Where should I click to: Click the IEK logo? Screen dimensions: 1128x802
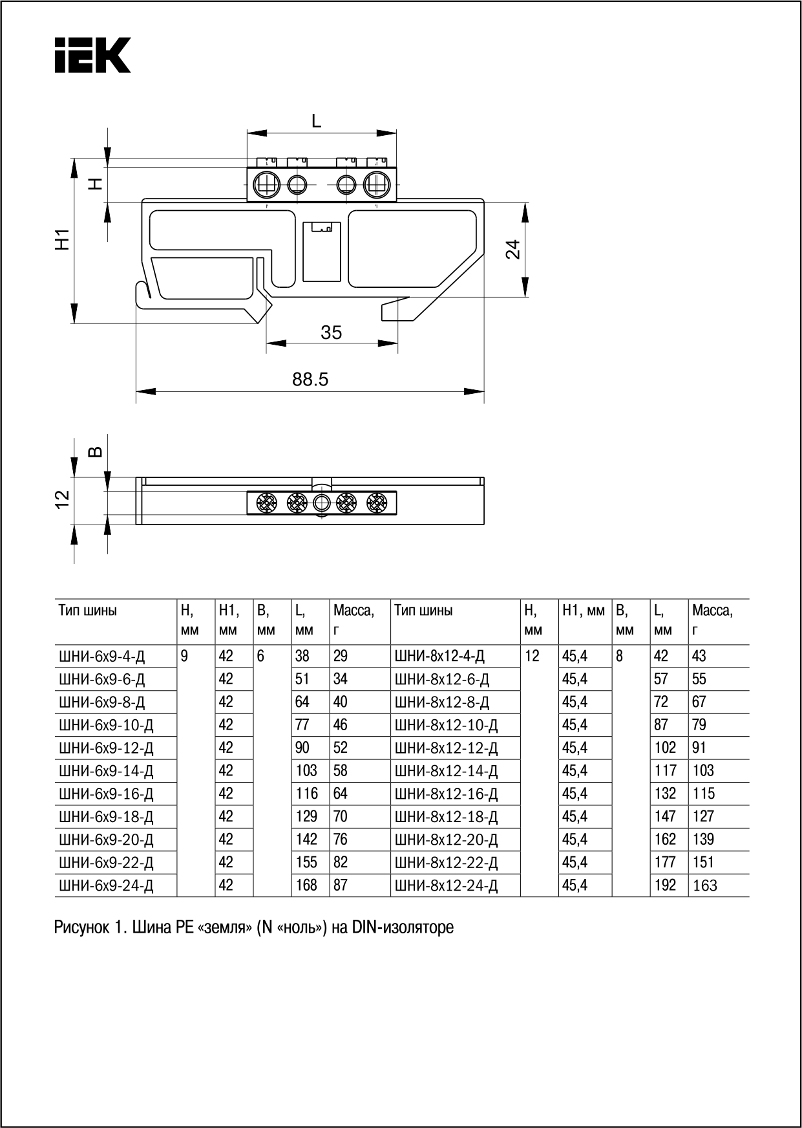pos(92,56)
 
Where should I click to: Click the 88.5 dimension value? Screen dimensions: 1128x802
pos(310,380)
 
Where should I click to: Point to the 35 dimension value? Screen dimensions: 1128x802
pos(331,332)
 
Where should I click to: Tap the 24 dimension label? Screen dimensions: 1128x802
pos(512,249)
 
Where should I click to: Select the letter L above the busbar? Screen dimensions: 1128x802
pos(316,121)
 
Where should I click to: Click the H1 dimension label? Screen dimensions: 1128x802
pos(62,239)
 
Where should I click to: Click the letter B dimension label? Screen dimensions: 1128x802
pos(95,451)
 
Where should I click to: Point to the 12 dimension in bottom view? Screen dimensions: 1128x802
pos(62,499)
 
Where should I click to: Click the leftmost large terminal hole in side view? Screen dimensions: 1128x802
pos(266,185)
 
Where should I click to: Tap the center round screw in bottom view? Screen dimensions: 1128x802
pos(321,503)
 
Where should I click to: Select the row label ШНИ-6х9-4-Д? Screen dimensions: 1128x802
pos(102,656)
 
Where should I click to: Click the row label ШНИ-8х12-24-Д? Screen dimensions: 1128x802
pos(446,885)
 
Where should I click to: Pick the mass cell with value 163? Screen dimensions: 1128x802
pos(704,885)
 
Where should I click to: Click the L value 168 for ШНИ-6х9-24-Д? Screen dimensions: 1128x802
pos(306,885)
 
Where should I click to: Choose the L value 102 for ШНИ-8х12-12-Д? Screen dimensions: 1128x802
pos(665,748)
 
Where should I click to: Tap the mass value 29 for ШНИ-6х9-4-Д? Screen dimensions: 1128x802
pos(341,656)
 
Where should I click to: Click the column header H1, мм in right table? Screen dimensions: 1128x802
pos(583,610)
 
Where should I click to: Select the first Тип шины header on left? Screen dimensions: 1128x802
pos(88,610)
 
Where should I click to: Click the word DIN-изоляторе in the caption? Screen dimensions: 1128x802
pos(403,927)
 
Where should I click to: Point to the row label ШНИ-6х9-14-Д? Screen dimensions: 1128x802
pos(106,771)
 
